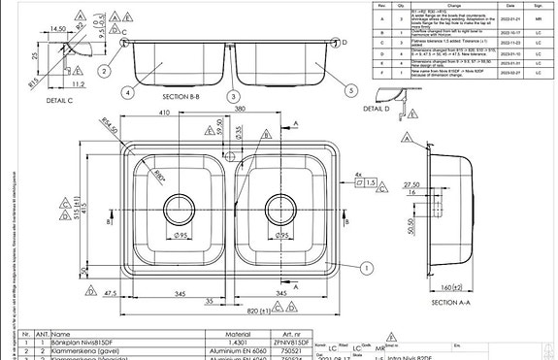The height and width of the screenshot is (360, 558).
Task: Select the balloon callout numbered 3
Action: tap(233, 97)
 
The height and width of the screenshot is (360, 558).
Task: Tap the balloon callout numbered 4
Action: tap(127, 93)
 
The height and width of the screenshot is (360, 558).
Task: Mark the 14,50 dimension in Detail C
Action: tap(57, 29)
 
